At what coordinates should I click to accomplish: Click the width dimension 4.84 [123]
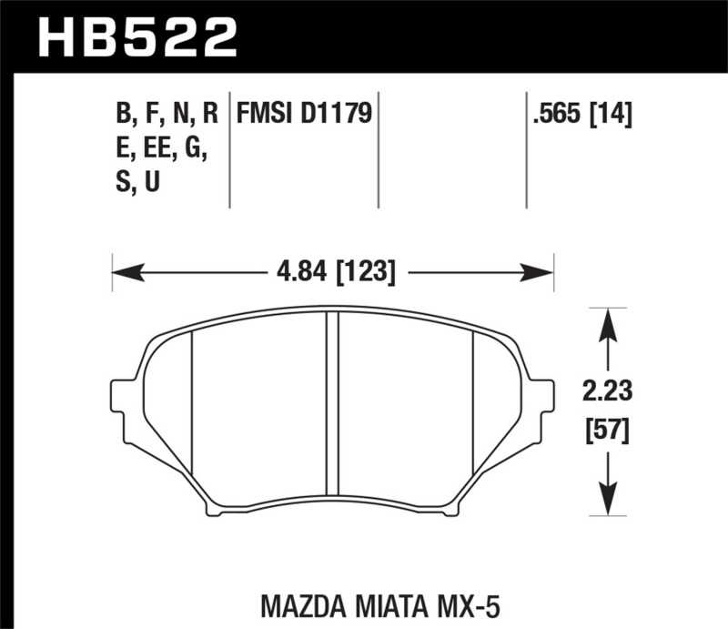click(x=333, y=270)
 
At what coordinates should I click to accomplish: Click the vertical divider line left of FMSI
click(x=228, y=150)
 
